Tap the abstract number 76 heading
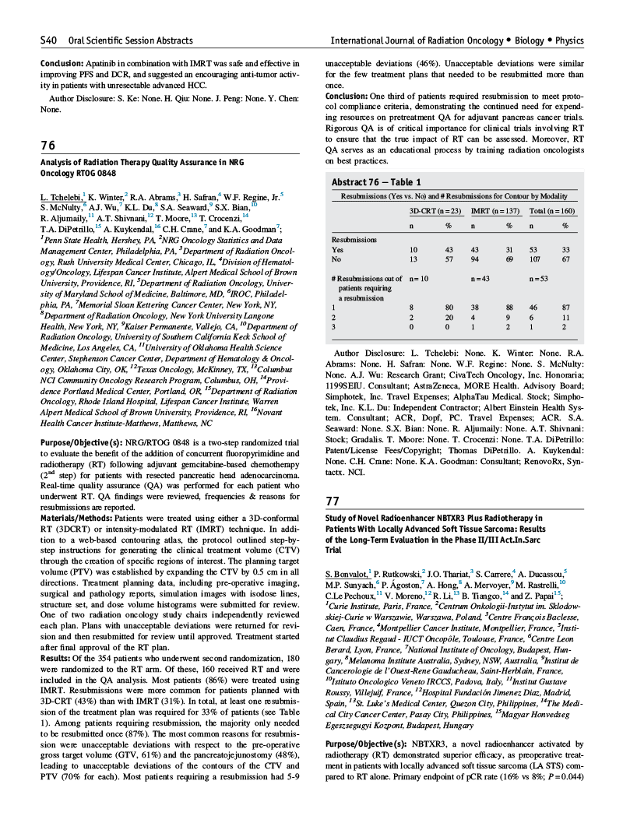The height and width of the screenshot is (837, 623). click(x=48, y=146)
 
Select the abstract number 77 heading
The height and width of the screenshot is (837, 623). click(x=332, y=501)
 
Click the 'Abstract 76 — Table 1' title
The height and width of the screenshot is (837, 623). click(x=376, y=181)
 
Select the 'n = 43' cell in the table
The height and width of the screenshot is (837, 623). click(x=482, y=278)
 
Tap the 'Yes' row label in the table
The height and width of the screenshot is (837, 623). click(x=337, y=249)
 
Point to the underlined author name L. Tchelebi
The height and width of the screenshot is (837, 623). click(x=61, y=198)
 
